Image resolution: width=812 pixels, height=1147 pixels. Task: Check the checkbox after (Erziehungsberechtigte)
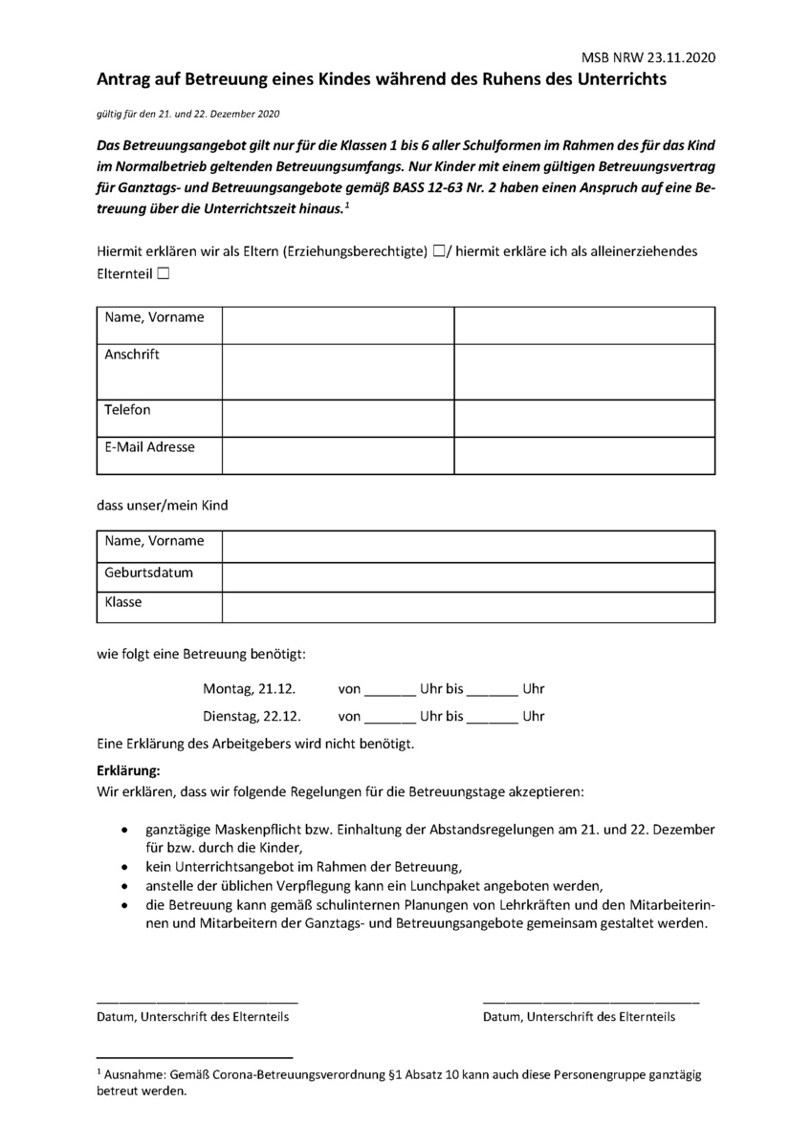coord(438,252)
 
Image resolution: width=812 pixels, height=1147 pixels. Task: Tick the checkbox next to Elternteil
coord(164,274)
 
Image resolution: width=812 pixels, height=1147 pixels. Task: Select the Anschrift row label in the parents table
coord(132,355)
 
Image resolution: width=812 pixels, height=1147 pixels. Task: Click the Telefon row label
coord(128,410)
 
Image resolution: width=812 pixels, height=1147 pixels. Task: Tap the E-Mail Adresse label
coord(149,446)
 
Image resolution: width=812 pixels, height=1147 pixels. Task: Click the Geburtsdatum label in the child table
coord(149,573)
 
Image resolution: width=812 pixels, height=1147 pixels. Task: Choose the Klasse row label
coord(123,603)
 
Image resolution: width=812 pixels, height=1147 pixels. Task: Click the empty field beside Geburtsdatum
coord(469,577)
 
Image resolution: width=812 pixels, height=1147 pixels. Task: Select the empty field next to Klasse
coord(469,607)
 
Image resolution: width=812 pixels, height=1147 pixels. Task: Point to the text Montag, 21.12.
coord(250,688)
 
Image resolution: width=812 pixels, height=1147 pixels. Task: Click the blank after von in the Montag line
coord(390,690)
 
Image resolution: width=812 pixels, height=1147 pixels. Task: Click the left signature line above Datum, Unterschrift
coord(197,1000)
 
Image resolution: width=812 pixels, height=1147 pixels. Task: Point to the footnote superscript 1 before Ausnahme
coord(99,1072)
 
